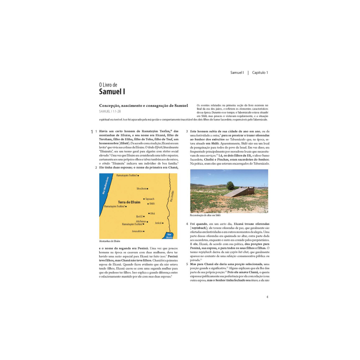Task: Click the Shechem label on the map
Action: click(141, 189)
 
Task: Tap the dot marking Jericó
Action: click(163, 223)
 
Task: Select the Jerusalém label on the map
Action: click(137, 231)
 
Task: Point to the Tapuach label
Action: click(150, 199)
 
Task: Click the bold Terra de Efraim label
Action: click(129, 202)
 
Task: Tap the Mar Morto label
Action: click(169, 236)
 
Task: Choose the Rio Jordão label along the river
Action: click(172, 196)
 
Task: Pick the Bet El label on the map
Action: click(139, 216)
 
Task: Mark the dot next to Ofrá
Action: click(149, 213)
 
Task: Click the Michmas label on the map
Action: click(141, 221)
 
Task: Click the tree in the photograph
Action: click(230, 185)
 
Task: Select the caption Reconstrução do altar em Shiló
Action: click(205, 215)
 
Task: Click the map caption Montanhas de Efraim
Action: click(109, 241)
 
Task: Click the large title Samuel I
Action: click(112, 92)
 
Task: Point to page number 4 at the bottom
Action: click(267, 297)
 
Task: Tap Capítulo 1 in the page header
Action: click(260, 73)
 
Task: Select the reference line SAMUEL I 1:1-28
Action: click(110, 112)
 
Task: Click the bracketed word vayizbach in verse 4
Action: click(199, 228)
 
